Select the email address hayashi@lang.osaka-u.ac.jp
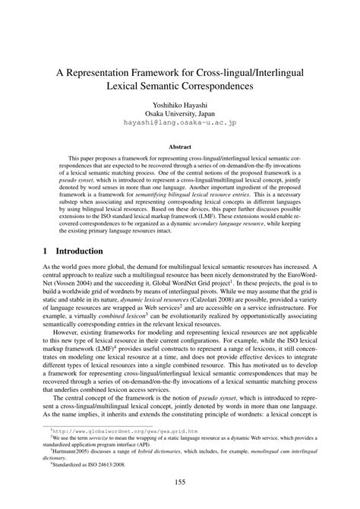tap(180, 130)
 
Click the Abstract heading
tap(180, 152)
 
